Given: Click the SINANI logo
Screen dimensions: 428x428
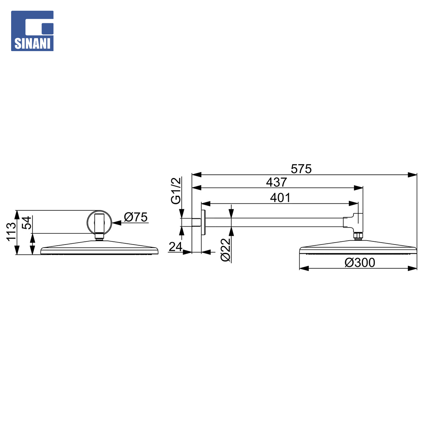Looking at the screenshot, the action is pos(32,31).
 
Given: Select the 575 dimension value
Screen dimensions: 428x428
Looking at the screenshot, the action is pos(301,169).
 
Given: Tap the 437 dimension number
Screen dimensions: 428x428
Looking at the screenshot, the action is pos(277,182).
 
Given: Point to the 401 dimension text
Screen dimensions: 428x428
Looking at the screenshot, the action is pos(280,198).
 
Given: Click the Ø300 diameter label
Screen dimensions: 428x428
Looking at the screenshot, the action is pos(360,263).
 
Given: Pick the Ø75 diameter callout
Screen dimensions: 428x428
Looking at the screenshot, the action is pos(136,217).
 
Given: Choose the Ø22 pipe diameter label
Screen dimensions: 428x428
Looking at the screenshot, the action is pos(226,250).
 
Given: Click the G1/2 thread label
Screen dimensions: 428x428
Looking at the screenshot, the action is pos(176,191).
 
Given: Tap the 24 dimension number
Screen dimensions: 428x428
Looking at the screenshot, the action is pos(176,247).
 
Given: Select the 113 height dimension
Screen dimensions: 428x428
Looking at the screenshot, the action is pos(11,232).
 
